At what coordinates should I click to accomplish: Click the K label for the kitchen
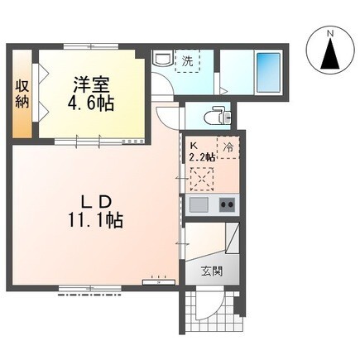194,142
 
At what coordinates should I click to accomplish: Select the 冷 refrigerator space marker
227,143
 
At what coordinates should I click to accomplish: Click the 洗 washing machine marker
188,60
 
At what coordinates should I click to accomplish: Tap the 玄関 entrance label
211,270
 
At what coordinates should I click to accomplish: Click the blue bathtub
268,71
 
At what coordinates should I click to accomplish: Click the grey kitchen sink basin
199,205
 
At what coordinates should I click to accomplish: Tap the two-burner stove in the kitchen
226,205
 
